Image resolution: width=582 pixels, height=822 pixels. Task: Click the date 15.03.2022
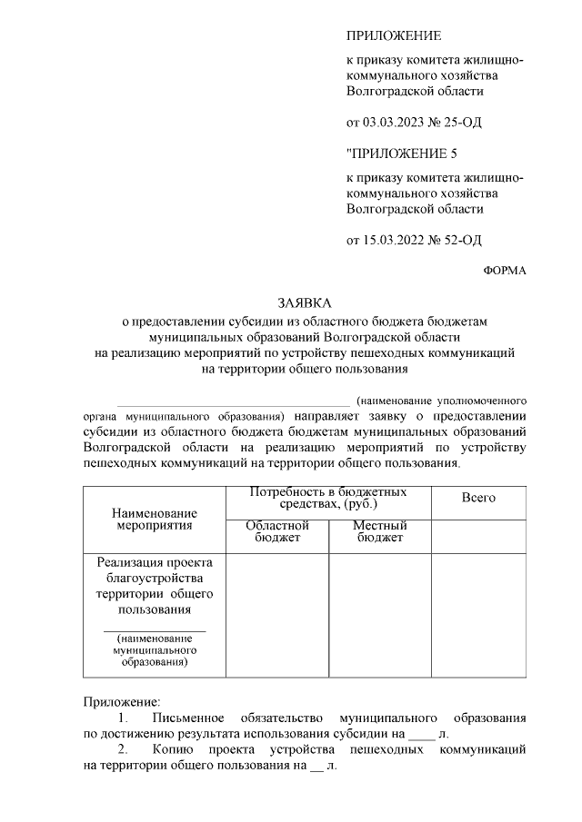[395, 240]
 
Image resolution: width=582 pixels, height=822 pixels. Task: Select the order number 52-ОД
[459, 240]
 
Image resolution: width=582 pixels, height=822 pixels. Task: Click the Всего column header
[478, 498]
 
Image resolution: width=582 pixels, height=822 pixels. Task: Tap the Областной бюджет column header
[277, 531]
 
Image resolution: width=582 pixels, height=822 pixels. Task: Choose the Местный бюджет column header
[379, 531]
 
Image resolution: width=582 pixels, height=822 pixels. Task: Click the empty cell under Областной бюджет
[277, 615]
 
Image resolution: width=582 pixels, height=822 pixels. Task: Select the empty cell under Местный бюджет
[379, 615]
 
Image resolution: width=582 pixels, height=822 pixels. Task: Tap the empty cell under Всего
[478, 615]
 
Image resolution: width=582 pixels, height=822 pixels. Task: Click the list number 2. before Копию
[124, 750]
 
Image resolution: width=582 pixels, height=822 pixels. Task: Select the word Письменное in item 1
[193, 718]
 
